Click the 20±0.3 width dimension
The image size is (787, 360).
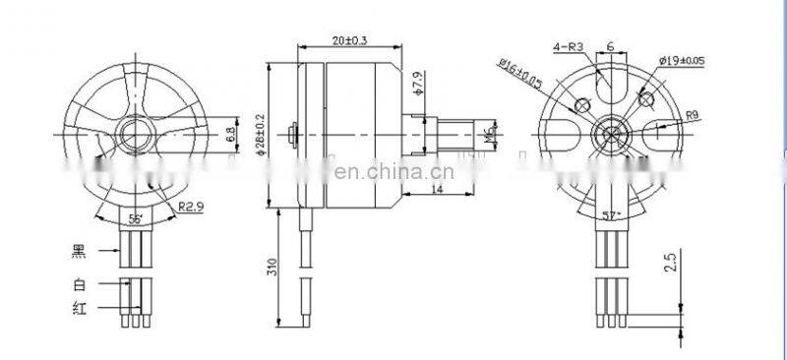[x=351, y=40]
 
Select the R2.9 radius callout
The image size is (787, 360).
[x=192, y=207]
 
